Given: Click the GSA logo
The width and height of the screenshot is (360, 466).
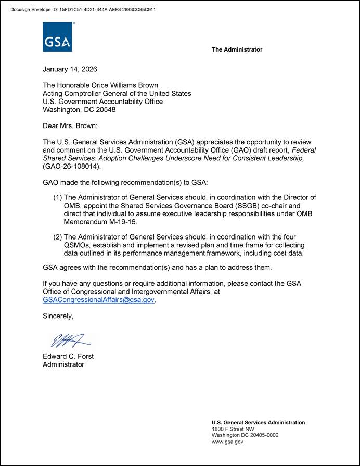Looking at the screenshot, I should click(57, 37).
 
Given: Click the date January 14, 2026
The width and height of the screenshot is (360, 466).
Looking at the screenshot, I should click(70, 69).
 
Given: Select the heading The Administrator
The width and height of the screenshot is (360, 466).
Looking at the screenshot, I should click(237, 49).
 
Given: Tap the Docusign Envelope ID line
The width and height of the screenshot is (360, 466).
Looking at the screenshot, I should click(83, 9).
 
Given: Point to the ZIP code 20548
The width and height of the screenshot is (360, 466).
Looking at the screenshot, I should click(105, 110).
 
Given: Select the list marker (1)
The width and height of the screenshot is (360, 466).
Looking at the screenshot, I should click(58, 197).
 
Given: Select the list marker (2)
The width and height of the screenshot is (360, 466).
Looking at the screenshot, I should click(58, 237).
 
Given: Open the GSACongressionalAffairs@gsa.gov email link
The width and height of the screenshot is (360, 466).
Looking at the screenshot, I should click(98, 300).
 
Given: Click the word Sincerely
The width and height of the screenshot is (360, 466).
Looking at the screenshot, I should click(58, 316).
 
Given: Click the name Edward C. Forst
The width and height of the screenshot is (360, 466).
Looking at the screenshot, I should click(68, 357).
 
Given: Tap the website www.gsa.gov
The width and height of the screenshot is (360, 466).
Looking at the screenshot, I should click(227, 442).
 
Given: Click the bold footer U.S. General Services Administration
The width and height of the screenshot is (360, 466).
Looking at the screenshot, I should click(258, 423).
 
